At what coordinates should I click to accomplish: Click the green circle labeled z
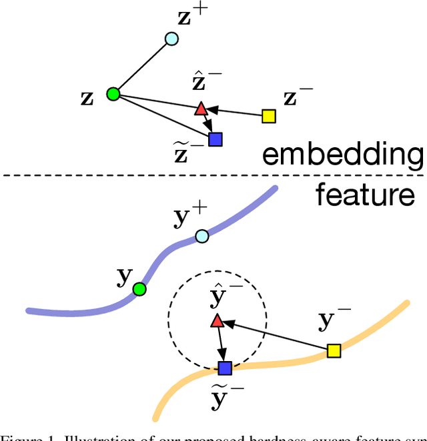pyautogui.click(x=113, y=94)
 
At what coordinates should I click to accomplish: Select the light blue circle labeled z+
pyautogui.click(x=171, y=39)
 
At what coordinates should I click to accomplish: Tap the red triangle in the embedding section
pyautogui.click(x=201, y=108)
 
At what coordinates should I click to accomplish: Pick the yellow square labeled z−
pyautogui.click(x=268, y=116)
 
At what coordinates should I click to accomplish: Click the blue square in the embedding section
pyautogui.click(x=215, y=139)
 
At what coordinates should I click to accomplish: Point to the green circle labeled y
pyautogui.click(x=139, y=288)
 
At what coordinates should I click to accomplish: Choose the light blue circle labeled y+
pyautogui.click(x=201, y=236)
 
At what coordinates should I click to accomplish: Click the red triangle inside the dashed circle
pyautogui.click(x=216, y=322)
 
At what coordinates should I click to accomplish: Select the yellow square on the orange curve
pyautogui.click(x=334, y=350)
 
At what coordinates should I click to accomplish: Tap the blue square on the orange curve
pyautogui.click(x=225, y=368)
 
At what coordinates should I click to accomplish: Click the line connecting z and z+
pyautogui.click(x=141, y=67)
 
